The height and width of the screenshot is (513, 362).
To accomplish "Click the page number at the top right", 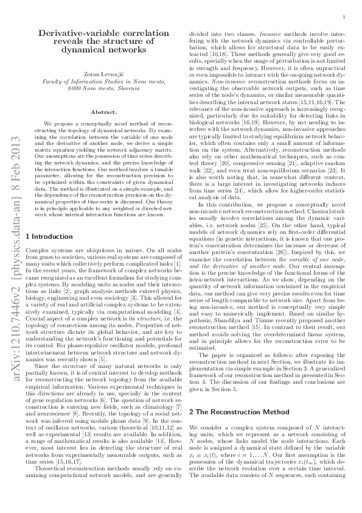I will coord(344,18).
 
